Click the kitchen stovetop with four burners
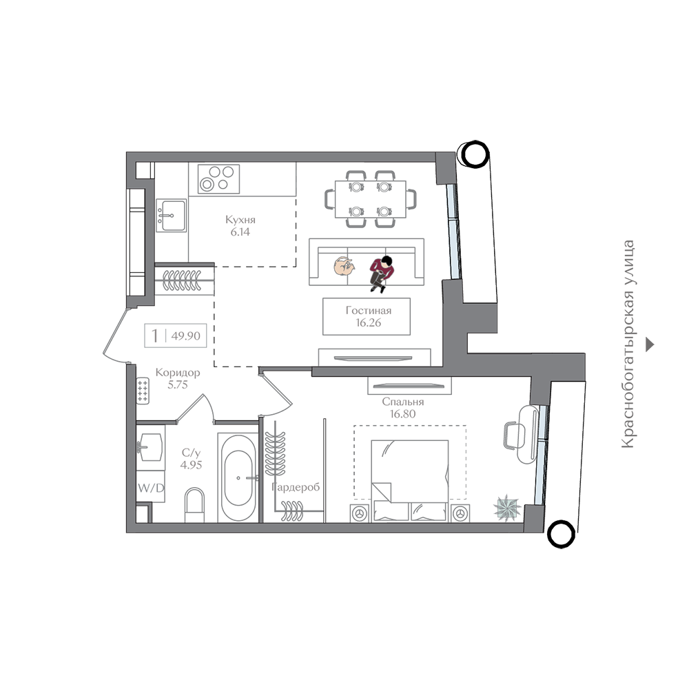click(x=218, y=179)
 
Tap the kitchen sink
click(x=172, y=215)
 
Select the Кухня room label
click(x=240, y=219)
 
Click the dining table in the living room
click(x=371, y=199)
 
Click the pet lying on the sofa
click(x=344, y=266)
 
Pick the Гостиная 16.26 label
click(x=368, y=316)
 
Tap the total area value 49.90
click(x=186, y=336)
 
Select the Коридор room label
click(x=178, y=373)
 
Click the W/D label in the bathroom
click(x=151, y=488)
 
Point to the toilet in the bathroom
click(x=195, y=505)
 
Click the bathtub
click(x=238, y=477)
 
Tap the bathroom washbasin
click(x=150, y=447)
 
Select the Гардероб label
click(x=296, y=487)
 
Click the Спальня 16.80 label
click(x=402, y=408)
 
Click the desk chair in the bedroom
click(x=511, y=435)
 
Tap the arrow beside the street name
click(x=650, y=344)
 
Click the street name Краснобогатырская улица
click(x=628, y=344)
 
